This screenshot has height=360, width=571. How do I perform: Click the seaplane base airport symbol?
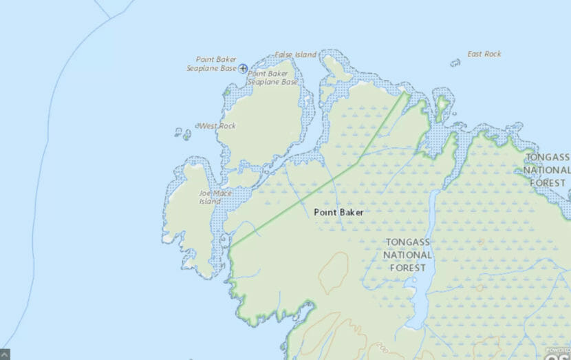pos(243,68)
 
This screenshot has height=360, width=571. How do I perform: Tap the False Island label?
pos(296,54)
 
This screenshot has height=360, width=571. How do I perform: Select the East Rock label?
pos(484,54)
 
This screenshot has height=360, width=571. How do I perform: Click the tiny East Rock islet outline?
pos(455,63)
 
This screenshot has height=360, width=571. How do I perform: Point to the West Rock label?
pos(217,126)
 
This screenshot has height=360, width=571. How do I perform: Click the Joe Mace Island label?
pos(215,198)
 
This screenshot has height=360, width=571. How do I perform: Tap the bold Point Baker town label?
pos(338,212)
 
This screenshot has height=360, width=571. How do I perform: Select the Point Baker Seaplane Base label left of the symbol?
pos(213,64)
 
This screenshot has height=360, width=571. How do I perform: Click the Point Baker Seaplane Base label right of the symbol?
pos(273,78)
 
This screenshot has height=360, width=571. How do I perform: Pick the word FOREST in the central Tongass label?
pos(409,267)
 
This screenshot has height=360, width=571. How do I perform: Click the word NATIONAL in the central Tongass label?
pos(409,255)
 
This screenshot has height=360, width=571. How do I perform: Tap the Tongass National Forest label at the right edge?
pos(548,169)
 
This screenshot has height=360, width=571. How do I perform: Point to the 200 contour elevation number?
pos(376,348)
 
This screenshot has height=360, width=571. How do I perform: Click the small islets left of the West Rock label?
pos(183,133)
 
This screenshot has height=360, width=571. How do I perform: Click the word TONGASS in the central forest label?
pos(409,242)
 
